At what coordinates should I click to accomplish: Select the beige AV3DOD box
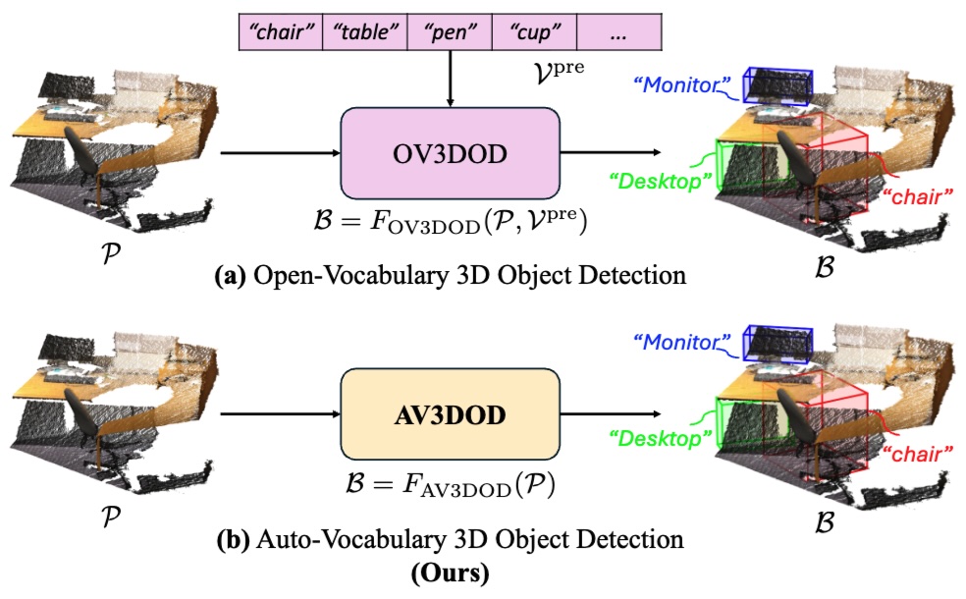click(x=450, y=415)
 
